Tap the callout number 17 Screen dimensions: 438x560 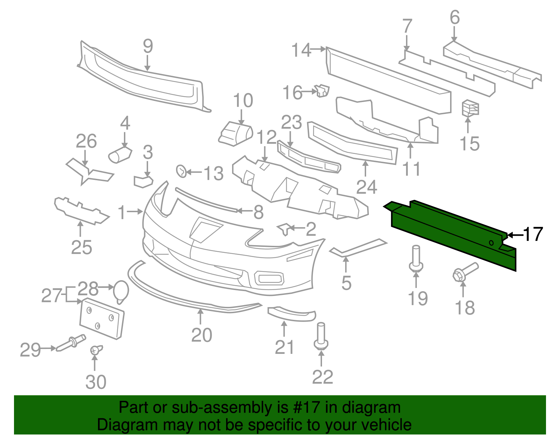click(533, 234)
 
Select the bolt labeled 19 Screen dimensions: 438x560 click(416, 260)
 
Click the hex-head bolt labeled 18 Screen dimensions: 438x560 click(463, 272)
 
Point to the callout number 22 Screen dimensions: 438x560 click(322, 377)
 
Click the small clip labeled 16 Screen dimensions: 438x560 click(322, 90)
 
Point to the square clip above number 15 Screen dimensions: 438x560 click(470, 108)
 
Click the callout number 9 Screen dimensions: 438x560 click(148, 46)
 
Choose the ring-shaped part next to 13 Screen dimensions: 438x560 click(181, 171)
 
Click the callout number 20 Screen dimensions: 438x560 click(202, 335)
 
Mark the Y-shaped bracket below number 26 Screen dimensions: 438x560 click(89, 172)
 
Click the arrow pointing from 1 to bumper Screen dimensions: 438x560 click(135, 211)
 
